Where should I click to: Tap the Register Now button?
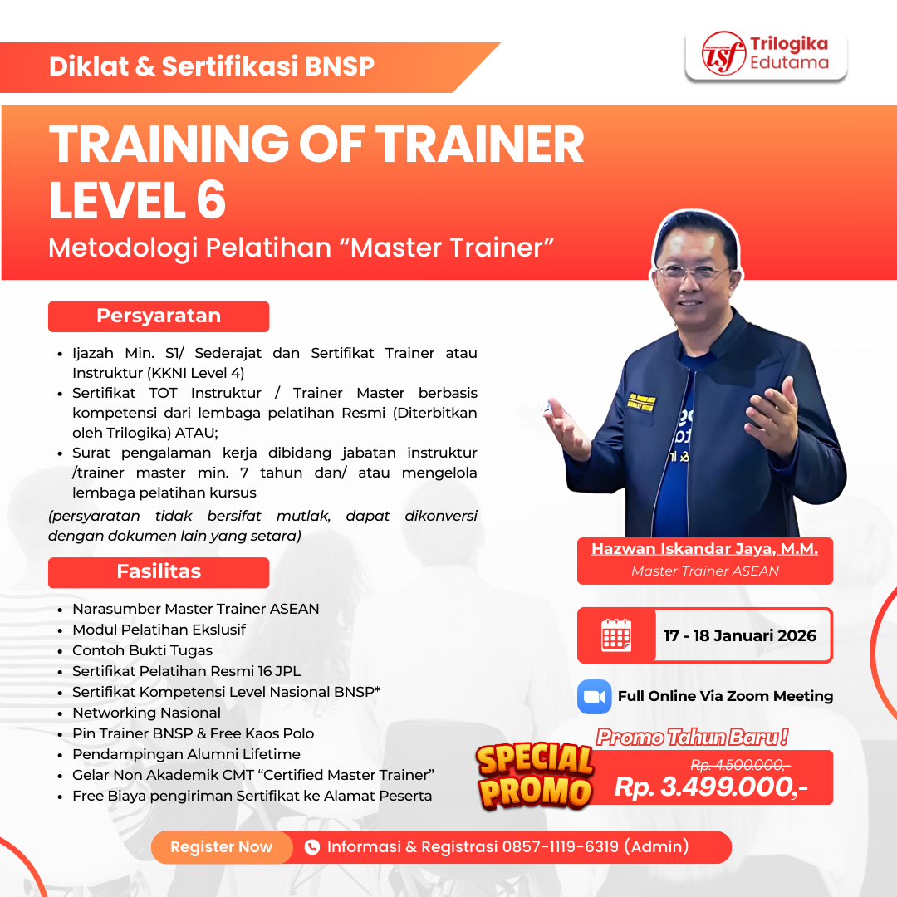(x=221, y=847)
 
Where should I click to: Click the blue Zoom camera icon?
(x=594, y=696)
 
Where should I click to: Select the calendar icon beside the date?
(x=616, y=635)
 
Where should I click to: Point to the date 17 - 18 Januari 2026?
(x=739, y=635)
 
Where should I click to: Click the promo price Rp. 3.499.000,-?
(x=711, y=787)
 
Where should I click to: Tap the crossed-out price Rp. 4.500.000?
(x=740, y=764)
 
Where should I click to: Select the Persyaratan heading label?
(x=159, y=316)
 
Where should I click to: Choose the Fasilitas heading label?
(x=159, y=571)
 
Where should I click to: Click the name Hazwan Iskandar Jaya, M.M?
(x=704, y=549)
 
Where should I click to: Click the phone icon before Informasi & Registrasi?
(x=312, y=847)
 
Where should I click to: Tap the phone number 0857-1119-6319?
(x=560, y=847)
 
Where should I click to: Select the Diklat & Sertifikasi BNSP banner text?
(x=212, y=67)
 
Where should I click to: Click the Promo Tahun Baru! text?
(x=692, y=736)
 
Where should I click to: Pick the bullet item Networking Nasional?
(x=146, y=713)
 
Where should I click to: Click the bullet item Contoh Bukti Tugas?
(x=142, y=650)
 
